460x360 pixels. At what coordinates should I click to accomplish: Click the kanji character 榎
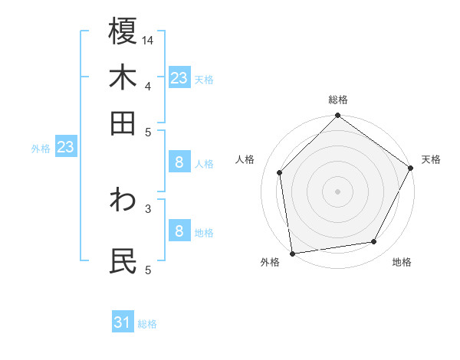[123, 32]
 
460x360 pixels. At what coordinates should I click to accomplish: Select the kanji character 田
[123, 123]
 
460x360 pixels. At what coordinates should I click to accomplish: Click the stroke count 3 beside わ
[148, 207]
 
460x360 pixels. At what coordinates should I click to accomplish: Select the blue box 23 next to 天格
[179, 78]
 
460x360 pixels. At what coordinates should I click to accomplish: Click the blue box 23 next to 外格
[65, 147]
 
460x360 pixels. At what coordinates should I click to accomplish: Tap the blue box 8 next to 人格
[179, 162]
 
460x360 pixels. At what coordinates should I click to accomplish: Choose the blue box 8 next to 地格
[179, 231]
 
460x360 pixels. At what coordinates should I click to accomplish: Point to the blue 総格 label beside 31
[147, 324]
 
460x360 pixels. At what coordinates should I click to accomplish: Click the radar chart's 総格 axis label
[337, 100]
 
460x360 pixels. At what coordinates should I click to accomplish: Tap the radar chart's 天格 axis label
[431, 159]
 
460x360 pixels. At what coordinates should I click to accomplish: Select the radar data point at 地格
[374, 242]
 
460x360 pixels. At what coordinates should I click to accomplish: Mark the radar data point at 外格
[292, 253]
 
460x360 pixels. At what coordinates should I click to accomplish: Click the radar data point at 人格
[280, 172]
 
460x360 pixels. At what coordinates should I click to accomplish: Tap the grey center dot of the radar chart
[337, 191]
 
